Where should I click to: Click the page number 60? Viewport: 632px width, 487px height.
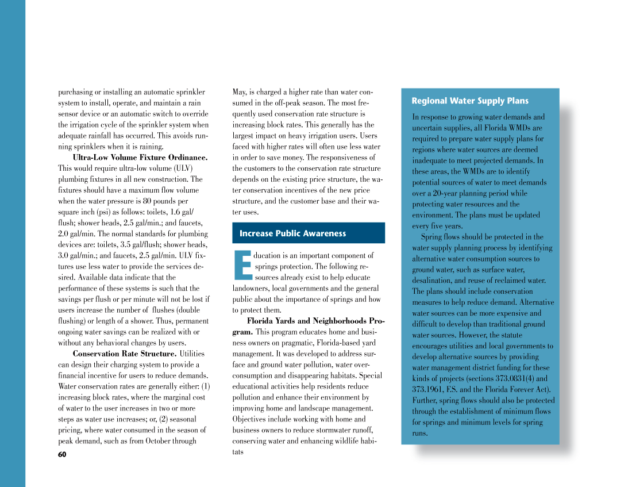[62, 455]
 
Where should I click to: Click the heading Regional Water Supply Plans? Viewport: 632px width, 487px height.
[470, 101]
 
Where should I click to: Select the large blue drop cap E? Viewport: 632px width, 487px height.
[242, 266]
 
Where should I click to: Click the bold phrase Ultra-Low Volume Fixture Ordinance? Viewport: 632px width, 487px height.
[140, 157]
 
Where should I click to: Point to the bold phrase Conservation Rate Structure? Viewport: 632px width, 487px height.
[125, 354]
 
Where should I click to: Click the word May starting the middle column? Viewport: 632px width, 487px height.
[239, 92]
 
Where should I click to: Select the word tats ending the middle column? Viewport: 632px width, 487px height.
[237, 452]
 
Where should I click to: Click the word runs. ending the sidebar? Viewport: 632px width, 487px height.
[420, 433]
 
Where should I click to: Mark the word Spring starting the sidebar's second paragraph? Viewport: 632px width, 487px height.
[431, 237]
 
